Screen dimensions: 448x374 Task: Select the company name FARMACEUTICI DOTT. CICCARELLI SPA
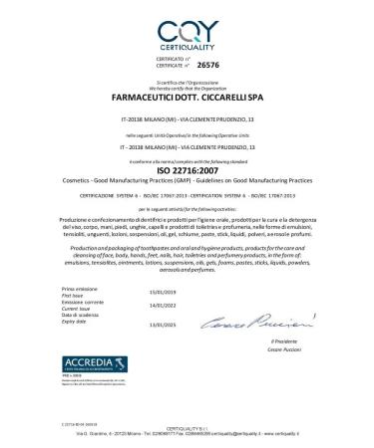point(187,99)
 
